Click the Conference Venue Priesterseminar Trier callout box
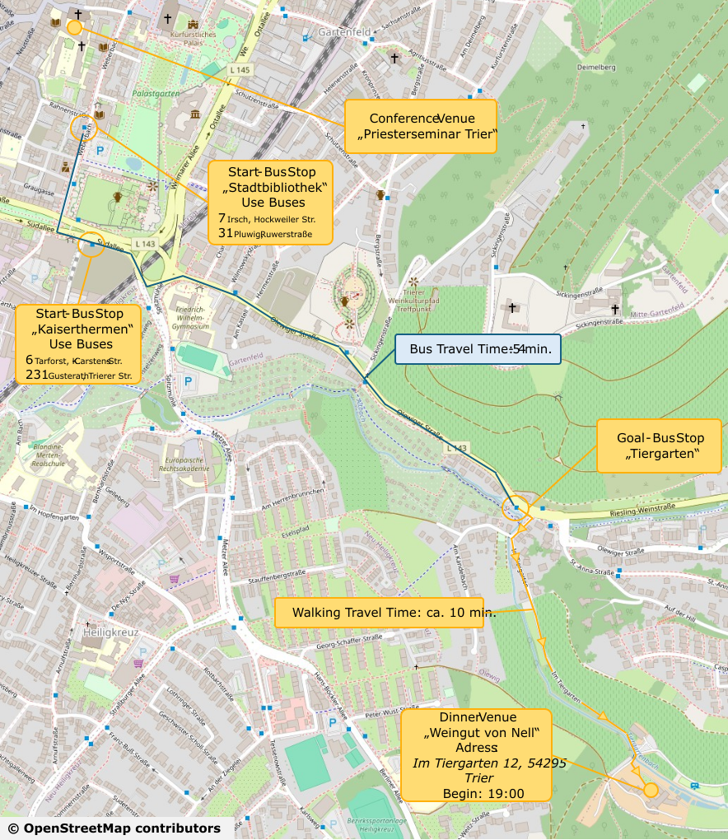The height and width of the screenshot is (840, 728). (x=420, y=126)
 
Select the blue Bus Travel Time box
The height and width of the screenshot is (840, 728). (x=478, y=349)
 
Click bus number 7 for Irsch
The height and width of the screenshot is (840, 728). (x=222, y=218)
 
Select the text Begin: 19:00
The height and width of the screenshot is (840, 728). (x=483, y=793)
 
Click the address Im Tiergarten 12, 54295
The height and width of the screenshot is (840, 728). (x=488, y=763)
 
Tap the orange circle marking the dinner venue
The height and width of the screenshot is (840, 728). (x=650, y=790)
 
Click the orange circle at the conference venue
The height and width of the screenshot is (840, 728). (x=74, y=27)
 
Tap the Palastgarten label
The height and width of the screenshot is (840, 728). (x=156, y=94)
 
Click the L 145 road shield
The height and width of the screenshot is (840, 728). (x=240, y=70)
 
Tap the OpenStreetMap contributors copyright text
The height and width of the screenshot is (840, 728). (x=114, y=828)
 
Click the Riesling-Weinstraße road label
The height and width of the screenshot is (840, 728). (x=642, y=510)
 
